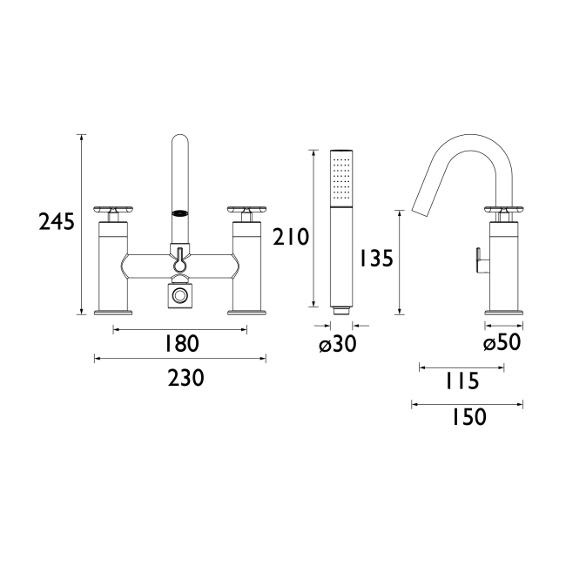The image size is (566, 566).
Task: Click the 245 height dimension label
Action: pos(57,223)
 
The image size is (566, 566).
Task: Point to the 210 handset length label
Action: pos(290,236)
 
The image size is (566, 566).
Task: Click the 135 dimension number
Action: pos(374,259)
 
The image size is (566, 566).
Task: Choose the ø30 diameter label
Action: pos(338,344)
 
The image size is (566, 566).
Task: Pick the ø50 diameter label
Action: pos(502,343)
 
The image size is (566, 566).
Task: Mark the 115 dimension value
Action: pos(461,381)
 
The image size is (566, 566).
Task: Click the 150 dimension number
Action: pos(468,418)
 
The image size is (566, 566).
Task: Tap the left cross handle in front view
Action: pos(114,210)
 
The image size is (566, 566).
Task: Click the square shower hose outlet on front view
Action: pos(179,297)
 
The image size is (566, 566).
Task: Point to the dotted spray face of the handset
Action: pos(343,178)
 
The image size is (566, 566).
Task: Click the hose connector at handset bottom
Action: pos(342,307)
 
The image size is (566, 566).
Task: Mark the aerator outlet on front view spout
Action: pos(179,212)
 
